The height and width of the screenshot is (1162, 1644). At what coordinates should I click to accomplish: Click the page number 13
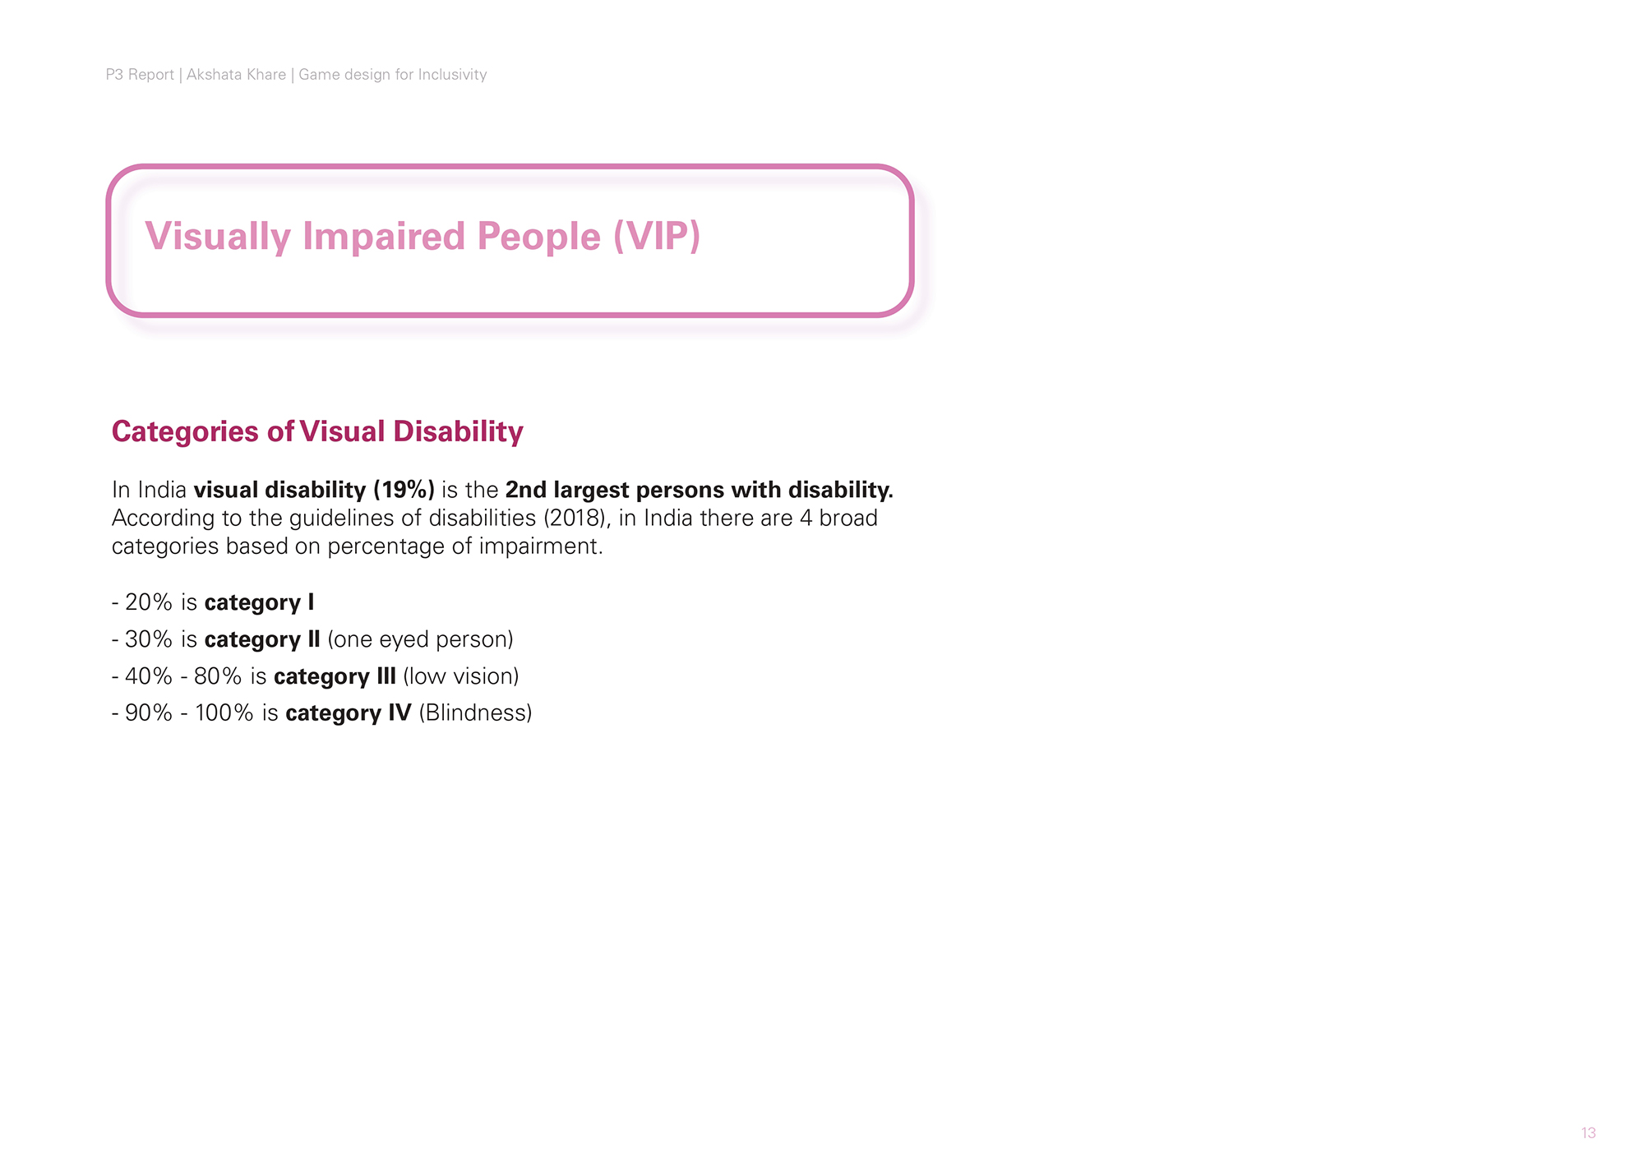tap(1588, 1133)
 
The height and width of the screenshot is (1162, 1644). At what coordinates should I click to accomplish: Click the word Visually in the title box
tap(218, 237)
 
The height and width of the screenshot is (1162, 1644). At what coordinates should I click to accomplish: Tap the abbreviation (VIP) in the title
tap(657, 237)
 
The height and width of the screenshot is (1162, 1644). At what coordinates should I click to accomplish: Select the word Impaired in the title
tap(384, 237)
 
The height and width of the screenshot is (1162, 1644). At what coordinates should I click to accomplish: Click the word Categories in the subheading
tap(185, 432)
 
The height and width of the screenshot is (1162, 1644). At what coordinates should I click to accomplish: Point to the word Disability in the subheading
tap(458, 432)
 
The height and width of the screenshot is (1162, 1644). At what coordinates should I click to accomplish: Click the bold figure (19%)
tap(404, 491)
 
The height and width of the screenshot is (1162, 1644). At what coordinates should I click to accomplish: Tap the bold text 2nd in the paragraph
tap(526, 490)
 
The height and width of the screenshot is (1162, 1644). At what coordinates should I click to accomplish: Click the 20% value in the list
tap(149, 602)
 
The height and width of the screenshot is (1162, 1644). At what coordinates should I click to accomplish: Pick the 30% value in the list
tap(149, 639)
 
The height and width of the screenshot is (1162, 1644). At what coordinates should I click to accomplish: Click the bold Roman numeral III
tap(386, 676)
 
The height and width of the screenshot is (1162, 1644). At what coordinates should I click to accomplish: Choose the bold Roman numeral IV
tap(399, 712)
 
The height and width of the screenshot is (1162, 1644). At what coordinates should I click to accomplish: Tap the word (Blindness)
tap(475, 713)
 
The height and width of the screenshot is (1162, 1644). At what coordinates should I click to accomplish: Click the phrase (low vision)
tap(461, 676)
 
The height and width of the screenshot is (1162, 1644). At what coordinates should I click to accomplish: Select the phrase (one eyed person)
tap(420, 640)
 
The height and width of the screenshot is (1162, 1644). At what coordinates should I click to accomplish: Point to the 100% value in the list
tap(224, 712)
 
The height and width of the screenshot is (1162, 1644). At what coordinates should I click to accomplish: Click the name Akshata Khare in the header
tap(236, 75)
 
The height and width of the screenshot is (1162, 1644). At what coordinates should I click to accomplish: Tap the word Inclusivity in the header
tap(452, 75)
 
